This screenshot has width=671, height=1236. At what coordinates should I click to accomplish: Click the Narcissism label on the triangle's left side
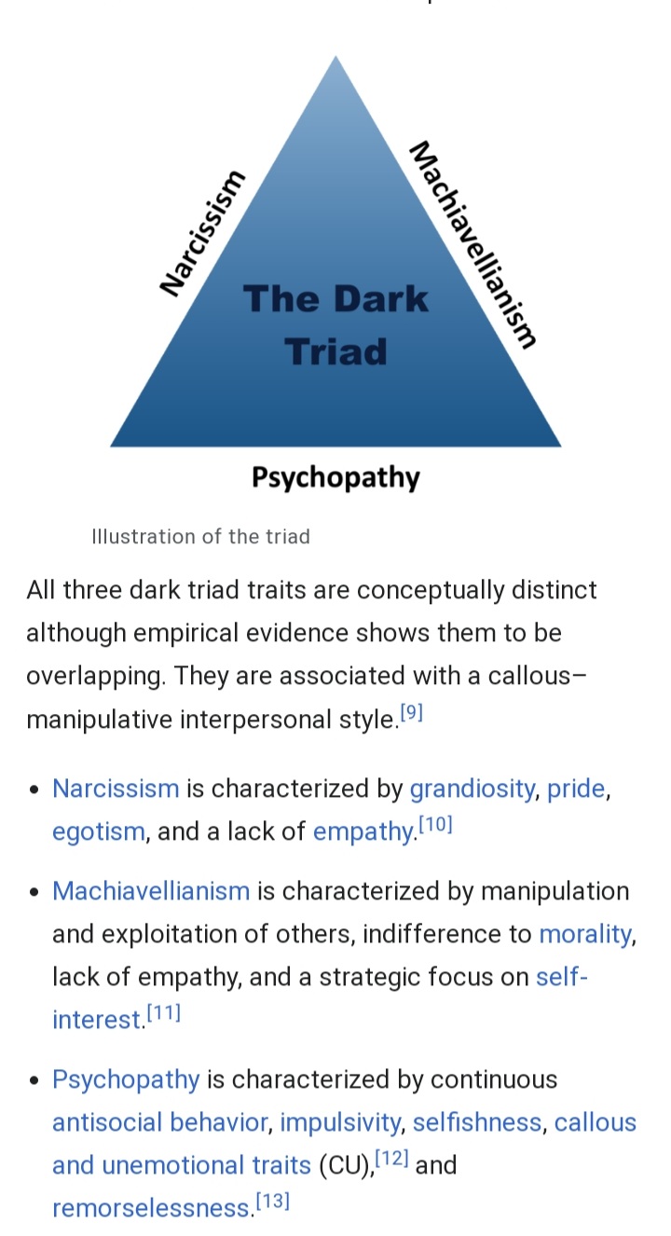(202, 233)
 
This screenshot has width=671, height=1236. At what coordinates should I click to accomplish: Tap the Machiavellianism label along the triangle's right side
(472, 245)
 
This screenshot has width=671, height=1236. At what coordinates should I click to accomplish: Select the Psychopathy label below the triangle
(335, 478)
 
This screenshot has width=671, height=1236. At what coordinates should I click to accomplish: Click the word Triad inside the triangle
(335, 351)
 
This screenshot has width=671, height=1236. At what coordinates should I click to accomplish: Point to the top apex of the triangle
(335, 56)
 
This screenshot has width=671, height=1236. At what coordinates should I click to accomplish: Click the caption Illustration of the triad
(201, 536)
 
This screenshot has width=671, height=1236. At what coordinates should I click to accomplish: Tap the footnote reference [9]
(412, 713)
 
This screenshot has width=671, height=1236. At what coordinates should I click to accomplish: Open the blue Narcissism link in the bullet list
(116, 789)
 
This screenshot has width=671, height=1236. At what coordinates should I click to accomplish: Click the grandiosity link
(472, 790)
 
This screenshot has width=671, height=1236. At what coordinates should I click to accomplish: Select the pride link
(576, 790)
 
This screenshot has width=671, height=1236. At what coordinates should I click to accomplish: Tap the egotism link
(99, 831)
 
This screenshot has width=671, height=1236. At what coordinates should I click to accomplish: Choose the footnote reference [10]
(435, 824)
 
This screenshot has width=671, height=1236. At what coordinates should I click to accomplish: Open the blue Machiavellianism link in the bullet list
(151, 891)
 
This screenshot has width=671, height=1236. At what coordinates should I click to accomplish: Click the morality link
(585, 935)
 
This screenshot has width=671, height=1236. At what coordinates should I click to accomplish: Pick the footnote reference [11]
(163, 1013)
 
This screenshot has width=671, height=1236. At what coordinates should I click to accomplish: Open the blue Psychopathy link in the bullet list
(126, 1079)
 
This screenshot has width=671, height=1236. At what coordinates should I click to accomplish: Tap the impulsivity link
(340, 1122)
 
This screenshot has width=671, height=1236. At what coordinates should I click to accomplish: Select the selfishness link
(477, 1122)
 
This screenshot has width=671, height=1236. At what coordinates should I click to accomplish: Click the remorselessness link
(152, 1208)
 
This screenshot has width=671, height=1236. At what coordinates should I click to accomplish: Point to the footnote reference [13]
(272, 1201)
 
